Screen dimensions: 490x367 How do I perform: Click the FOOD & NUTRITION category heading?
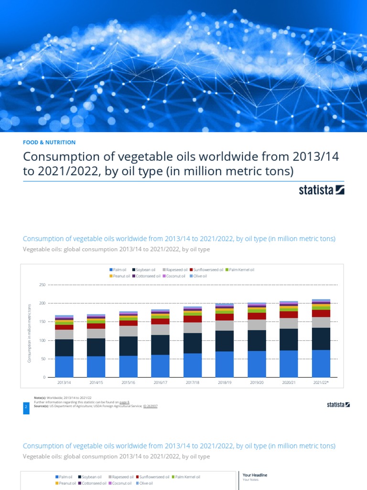click(x=49, y=142)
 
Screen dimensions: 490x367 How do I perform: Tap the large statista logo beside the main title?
click(x=321, y=190)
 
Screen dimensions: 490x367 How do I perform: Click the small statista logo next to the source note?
click(x=338, y=405)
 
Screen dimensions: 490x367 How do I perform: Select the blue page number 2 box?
click(x=26, y=407)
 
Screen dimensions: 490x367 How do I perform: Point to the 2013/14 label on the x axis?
click(x=64, y=383)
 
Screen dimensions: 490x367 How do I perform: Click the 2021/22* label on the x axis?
click(x=321, y=383)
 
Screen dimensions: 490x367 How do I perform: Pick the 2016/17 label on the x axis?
click(x=160, y=383)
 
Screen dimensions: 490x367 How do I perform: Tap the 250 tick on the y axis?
click(x=42, y=285)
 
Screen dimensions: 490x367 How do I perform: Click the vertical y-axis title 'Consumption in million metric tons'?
click(x=29, y=332)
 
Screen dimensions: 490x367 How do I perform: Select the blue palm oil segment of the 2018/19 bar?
click(x=224, y=364)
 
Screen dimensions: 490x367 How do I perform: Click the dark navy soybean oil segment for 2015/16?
click(x=128, y=346)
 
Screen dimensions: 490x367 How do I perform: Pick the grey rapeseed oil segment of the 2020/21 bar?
click(x=289, y=323)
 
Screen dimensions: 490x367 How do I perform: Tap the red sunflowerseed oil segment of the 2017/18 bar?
click(x=192, y=319)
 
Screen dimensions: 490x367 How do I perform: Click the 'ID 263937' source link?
click(x=150, y=406)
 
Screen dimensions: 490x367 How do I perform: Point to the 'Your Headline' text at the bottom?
click(x=255, y=475)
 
